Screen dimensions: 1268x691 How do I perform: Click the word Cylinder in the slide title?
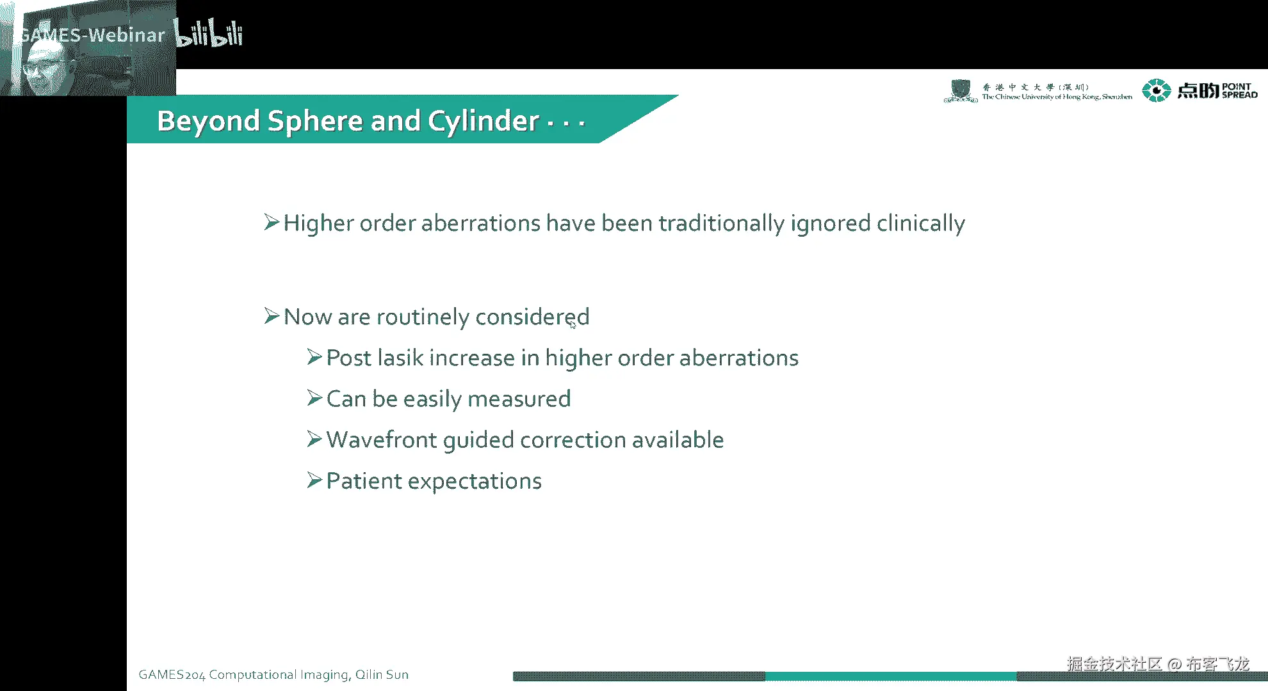pyautogui.click(x=484, y=122)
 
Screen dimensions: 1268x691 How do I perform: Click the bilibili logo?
pyautogui.click(x=209, y=35)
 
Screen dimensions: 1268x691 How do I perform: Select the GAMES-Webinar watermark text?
pyautogui.click(x=93, y=35)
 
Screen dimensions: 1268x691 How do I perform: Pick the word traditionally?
pyautogui.click(x=721, y=224)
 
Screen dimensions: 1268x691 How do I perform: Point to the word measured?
pyautogui.click(x=519, y=399)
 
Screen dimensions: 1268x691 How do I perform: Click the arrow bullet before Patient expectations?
pyautogui.click(x=314, y=480)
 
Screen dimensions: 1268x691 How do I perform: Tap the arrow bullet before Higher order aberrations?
pyautogui.click(x=272, y=222)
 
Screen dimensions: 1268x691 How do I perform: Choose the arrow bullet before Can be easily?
pyautogui.click(x=314, y=398)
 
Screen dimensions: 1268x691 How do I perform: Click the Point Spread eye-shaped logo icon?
pyautogui.click(x=1157, y=90)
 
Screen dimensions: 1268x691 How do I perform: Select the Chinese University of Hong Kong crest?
pyautogui.click(x=960, y=91)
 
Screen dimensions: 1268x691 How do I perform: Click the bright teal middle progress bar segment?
pyautogui.click(x=891, y=676)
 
